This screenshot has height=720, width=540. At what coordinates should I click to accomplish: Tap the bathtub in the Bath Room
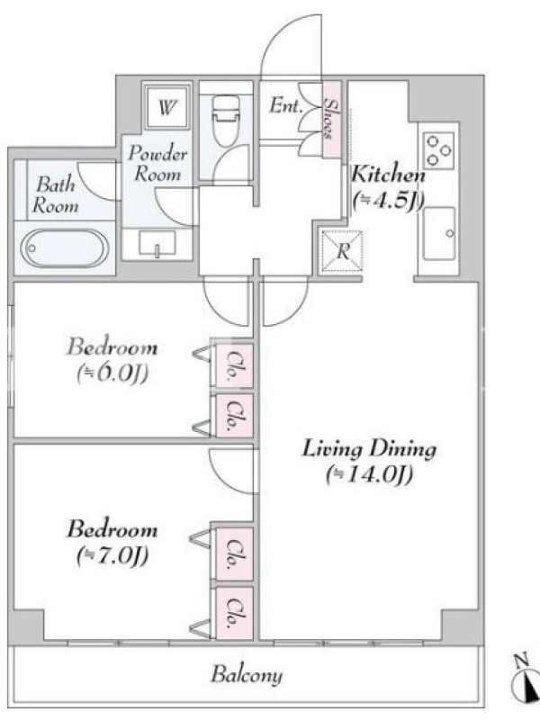pyautogui.click(x=64, y=248)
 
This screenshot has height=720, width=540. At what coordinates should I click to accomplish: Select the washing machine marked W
pyautogui.click(x=166, y=107)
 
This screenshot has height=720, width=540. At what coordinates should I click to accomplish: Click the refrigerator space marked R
pyautogui.click(x=342, y=251)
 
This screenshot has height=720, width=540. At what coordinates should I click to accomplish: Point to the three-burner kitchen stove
pyautogui.click(x=438, y=150)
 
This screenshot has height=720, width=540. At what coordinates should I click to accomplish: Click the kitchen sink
pyautogui.click(x=439, y=234)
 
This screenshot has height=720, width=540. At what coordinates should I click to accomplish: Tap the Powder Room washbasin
pyautogui.click(x=157, y=243)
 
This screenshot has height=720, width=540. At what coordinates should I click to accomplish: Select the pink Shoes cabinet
pyautogui.click(x=330, y=120)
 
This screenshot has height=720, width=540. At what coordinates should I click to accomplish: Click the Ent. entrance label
pyautogui.click(x=285, y=106)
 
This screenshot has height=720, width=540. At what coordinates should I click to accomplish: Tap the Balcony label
pyautogui.click(x=247, y=675)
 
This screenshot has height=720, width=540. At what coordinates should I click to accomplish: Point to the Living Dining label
pyautogui.click(x=369, y=449)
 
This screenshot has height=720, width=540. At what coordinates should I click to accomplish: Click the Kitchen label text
pyautogui.click(x=389, y=175)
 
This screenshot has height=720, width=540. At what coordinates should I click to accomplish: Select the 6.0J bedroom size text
pyautogui.click(x=112, y=373)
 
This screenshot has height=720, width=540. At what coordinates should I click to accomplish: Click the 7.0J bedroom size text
pyautogui.click(x=112, y=556)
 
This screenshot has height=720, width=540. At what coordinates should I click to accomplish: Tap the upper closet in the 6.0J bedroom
pyautogui.click(x=234, y=365)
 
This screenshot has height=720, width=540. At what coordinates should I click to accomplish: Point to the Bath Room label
pyautogui.click(x=55, y=195)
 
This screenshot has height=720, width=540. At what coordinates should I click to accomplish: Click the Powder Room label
pyautogui.click(x=157, y=164)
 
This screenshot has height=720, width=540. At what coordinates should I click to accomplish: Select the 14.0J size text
pyautogui.click(x=370, y=475)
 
